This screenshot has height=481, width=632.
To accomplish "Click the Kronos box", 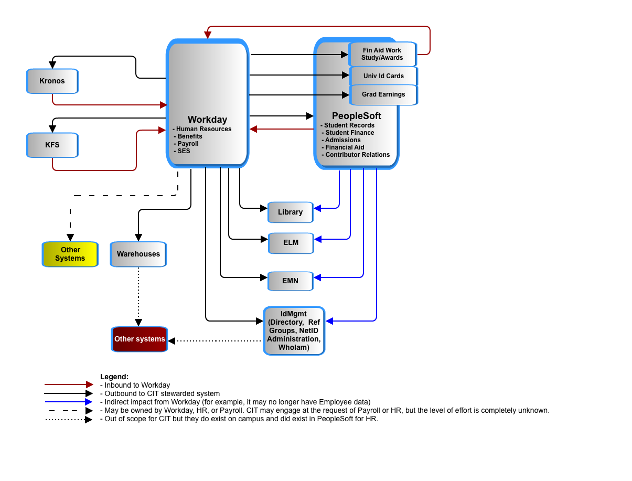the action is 52,81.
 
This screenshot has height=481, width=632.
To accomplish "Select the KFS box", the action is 52,145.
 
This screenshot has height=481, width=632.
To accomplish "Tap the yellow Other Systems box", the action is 70,254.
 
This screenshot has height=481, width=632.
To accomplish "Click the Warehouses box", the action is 138,254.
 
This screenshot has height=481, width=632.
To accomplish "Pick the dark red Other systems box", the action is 140,339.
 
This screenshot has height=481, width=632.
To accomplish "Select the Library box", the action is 290,212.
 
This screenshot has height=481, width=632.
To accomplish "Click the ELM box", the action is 291,243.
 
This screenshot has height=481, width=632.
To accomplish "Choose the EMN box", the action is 290,281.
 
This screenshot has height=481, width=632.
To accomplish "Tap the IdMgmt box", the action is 294,330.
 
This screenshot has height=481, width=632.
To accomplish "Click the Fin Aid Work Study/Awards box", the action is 382,54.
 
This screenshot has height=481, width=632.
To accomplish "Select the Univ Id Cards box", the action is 383,76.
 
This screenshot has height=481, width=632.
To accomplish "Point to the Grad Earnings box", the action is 383,94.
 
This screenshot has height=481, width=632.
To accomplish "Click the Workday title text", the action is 207,119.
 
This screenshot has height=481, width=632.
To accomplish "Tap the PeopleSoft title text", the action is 356,116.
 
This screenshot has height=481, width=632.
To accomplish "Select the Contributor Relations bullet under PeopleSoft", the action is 356,155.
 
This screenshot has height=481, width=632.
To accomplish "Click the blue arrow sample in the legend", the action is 69,401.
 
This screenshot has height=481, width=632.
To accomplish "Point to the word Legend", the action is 114,377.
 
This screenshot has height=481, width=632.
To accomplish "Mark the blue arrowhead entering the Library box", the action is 317,208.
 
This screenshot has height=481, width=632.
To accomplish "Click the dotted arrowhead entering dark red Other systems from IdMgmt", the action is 172,341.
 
